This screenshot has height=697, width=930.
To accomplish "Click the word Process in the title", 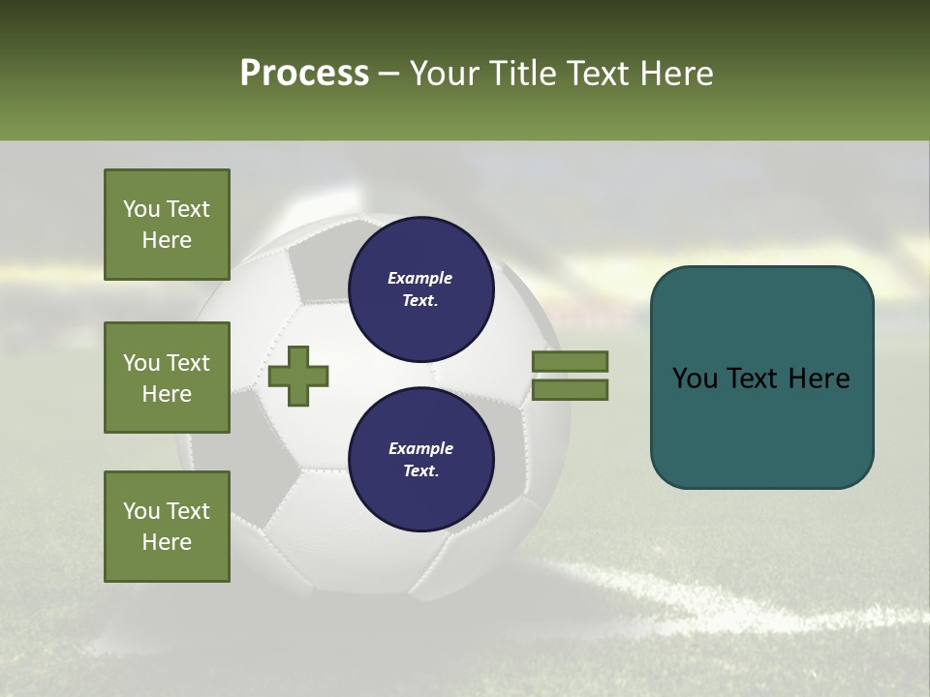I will (304, 74).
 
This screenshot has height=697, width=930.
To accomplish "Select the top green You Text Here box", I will (167, 225).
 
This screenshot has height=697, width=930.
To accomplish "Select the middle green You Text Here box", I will (167, 378).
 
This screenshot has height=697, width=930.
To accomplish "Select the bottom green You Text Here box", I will (167, 527).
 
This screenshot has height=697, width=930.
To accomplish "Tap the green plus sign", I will (298, 375).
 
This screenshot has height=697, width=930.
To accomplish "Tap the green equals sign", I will (570, 376).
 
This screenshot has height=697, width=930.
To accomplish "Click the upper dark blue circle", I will (421, 288).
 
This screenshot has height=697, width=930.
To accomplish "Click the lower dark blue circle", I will (421, 459).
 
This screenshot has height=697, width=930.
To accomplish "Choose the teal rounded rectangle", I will (761, 377).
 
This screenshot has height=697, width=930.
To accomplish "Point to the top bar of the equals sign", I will (570, 362).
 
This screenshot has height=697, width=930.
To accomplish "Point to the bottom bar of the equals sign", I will (570, 389).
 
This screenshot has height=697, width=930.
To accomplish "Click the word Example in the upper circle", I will (419, 278).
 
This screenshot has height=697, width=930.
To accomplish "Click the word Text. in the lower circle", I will (420, 471).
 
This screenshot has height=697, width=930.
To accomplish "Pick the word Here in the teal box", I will (817, 379).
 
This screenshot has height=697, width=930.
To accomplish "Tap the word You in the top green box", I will (141, 209).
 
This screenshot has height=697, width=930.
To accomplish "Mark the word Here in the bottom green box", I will (167, 542).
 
